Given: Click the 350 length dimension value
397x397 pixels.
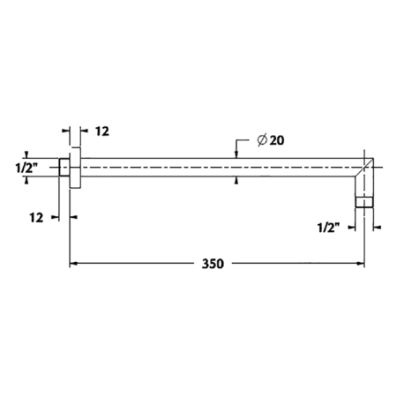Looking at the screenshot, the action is coord(213,264).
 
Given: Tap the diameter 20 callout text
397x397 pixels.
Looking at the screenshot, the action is coord(271,140).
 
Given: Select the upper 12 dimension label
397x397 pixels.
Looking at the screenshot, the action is coord(102,131).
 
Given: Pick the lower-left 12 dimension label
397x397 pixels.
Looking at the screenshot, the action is coord(36,218).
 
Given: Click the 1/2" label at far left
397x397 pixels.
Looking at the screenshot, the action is coord(26,168).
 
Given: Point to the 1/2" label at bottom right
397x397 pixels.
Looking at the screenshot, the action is coord(329,228).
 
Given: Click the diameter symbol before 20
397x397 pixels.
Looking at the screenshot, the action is coord(262,140).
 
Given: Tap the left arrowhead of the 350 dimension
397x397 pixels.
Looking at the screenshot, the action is coord(73,264).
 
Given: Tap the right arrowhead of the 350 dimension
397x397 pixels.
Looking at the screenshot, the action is coord(361,264).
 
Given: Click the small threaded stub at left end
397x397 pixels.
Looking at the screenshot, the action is coord(64,168).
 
